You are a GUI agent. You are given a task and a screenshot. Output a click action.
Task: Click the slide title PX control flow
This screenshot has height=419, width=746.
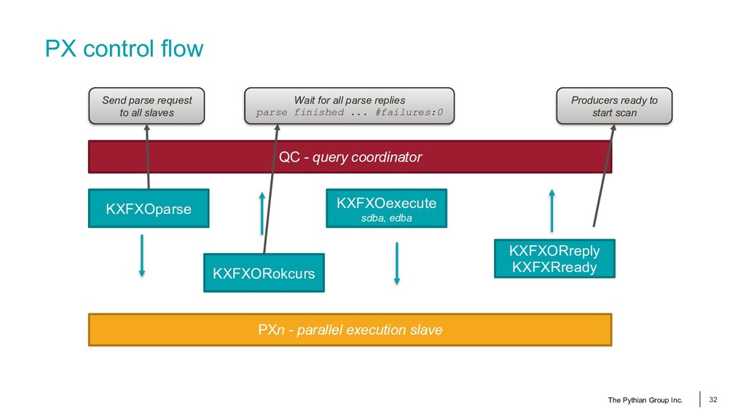[124, 49]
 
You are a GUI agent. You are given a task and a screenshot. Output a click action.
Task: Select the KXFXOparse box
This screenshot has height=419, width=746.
[149, 209]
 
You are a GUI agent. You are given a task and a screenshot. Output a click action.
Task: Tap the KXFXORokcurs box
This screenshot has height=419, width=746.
[264, 273]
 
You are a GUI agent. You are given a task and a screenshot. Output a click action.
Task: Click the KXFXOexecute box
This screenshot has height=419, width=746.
[386, 208]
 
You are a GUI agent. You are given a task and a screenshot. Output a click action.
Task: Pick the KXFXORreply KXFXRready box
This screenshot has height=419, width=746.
[554, 258]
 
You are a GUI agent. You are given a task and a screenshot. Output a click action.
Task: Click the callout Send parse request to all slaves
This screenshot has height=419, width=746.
[146, 106]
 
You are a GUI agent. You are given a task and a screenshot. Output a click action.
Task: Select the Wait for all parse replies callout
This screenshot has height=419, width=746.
[349, 106]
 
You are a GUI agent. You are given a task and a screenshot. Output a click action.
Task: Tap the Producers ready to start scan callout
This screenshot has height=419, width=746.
[614, 106]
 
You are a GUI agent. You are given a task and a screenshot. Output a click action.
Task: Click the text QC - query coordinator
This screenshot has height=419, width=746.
[350, 157]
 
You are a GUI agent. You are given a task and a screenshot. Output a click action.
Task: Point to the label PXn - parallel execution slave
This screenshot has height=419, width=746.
[350, 330]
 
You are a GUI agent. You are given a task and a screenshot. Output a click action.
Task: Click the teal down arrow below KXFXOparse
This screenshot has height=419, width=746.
[142, 255]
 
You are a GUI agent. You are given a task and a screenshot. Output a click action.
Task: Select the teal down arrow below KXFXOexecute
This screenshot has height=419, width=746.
[397, 263]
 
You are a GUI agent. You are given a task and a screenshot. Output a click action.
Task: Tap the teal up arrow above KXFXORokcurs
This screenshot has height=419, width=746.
[262, 213]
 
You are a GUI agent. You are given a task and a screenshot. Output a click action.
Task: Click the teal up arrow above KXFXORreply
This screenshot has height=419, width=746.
[552, 210]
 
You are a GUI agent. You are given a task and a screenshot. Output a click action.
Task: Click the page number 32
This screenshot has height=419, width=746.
[712, 399]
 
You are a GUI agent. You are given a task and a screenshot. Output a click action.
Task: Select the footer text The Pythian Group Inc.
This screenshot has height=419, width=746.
[645, 400]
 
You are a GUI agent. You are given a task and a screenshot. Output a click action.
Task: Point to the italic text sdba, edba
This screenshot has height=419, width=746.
[386, 218]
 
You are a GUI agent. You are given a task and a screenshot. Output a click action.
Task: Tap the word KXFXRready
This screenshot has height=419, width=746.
[554, 267]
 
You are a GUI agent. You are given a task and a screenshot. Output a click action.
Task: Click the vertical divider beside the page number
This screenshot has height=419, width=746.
[700, 399]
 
